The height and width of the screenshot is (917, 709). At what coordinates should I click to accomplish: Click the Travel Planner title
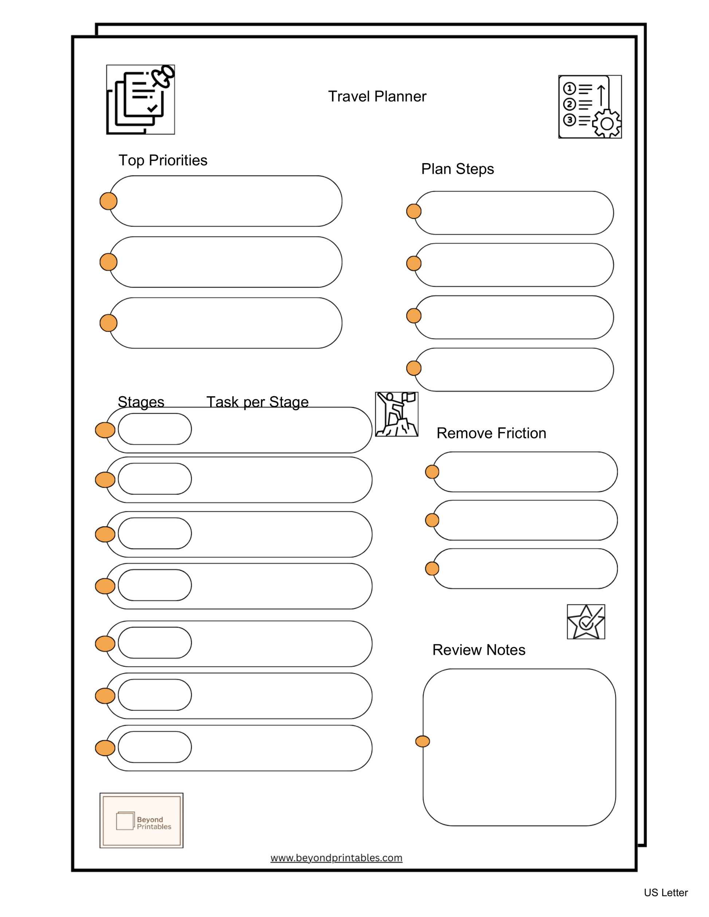tap(377, 97)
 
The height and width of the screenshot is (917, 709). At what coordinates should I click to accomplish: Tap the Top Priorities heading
tap(162, 160)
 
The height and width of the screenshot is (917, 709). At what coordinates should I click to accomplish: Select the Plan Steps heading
tap(457, 169)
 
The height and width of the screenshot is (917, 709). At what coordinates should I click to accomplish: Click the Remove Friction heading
tap(491, 433)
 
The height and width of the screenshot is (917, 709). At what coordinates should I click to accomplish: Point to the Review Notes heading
tap(478, 650)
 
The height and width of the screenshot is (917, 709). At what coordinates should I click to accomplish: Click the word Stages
tap(141, 402)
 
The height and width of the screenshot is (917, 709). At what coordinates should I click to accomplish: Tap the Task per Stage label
tap(257, 402)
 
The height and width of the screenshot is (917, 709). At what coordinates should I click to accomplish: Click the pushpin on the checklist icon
tap(163, 76)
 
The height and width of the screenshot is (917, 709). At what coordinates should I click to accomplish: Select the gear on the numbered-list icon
tap(607, 123)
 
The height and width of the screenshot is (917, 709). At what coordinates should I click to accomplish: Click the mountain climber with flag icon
tap(396, 414)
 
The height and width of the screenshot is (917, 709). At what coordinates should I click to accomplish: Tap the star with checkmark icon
tap(585, 622)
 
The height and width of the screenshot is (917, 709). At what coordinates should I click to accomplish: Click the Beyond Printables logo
tap(142, 820)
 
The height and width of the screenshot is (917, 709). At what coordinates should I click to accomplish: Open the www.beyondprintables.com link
tap(336, 858)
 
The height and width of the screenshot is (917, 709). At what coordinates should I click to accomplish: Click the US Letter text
tap(665, 893)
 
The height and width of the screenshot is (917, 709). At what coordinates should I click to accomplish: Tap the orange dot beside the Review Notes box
tap(423, 741)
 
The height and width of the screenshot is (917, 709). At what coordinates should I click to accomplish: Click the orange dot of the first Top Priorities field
tap(108, 201)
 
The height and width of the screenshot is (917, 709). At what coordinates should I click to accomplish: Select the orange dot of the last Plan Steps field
tap(414, 368)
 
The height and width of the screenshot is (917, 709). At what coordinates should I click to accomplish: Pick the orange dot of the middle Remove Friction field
tap(432, 520)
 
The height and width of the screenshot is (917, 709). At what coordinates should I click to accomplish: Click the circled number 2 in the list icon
tap(569, 104)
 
